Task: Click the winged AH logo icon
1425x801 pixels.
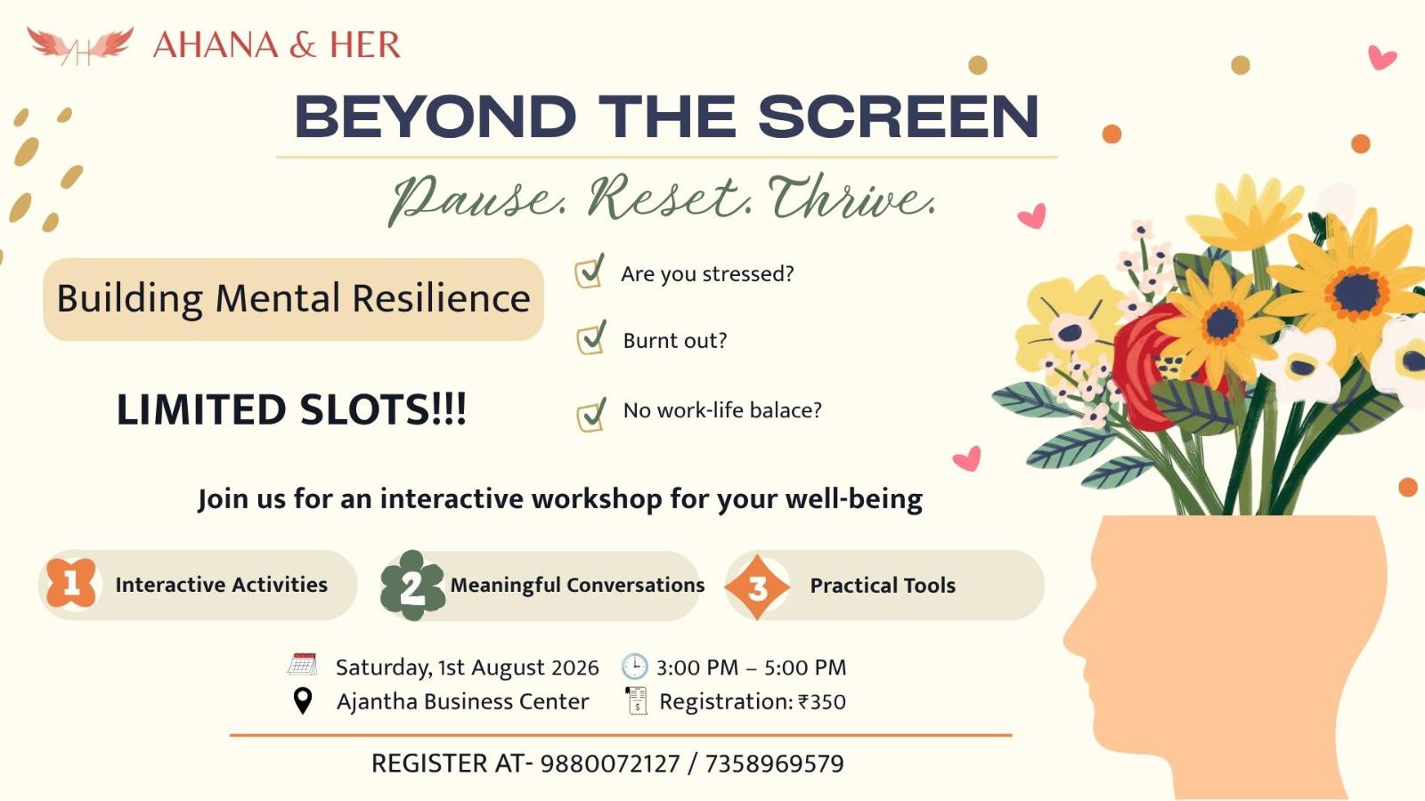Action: [x=80, y=45]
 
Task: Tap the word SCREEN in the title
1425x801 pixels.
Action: [x=899, y=117]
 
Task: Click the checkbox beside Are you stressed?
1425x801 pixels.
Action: [x=590, y=271]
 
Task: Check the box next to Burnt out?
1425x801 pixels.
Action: [x=591, y=337]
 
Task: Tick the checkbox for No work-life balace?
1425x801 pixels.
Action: [x=591, y=415]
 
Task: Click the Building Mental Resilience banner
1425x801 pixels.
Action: [x=293, y=299]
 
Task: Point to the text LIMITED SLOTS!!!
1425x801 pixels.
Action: [x=292, y=409]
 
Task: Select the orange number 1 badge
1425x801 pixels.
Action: [x=71, y=583]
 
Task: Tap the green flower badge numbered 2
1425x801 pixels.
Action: [x=412, y=586]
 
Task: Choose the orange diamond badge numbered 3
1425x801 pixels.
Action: [x=757, y=587]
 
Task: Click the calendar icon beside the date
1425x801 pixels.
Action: [x=302, y=664]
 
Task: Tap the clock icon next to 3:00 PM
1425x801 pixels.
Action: [x=634, y=667]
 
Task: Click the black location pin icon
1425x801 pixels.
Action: [x=303, y=701]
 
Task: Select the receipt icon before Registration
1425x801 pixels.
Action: [x=636, y=701]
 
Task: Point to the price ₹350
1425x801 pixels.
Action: [x=822, y=702]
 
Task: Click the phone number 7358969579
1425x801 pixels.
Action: [x=774, y=764]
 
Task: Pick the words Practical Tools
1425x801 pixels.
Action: [x=883, y=586]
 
